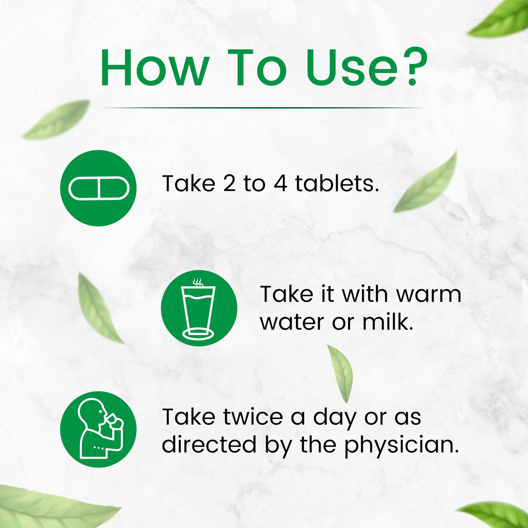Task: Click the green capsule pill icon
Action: pos(98,188)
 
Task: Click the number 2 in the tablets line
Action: pos(229,184)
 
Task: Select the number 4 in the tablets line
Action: pos(280,184)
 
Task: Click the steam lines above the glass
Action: pos(198,282)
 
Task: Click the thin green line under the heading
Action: pos(264,108)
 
